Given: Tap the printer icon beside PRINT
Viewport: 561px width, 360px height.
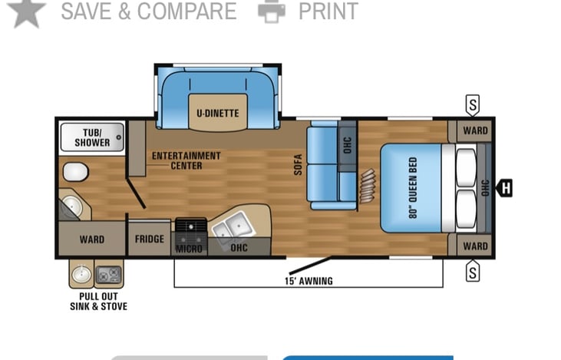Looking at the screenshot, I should tap(272, 11).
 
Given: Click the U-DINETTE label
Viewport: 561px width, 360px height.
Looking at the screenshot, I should tap(217, 114).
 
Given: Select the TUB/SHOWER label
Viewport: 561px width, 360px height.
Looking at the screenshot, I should tap(92, 137).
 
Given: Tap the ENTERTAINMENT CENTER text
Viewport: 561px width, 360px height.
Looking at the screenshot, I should tap(186, 160).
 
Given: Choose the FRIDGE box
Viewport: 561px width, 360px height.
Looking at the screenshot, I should tap(150, 239).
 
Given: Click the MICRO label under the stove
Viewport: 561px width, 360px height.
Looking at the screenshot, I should tap(189, 249).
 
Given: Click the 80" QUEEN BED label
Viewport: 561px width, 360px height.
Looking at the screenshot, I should tap(413, 189).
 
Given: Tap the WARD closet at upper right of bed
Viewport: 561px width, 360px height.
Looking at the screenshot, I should tap(475, 130).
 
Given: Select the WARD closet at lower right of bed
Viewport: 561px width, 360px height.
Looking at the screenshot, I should tap(475, 246).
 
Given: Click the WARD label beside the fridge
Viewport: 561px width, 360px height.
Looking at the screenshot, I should tap(92, 239).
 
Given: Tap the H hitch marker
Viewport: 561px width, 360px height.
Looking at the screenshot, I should tap(506, 187).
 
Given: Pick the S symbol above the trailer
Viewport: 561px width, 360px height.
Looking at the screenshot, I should tap(473, 104).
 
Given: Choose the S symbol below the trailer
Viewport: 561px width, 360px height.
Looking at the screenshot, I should tap(473, 270).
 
